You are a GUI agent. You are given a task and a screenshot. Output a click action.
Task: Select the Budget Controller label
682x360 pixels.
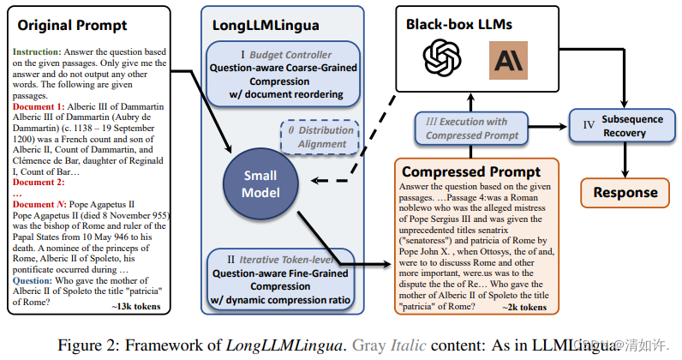click(x=275, y=52)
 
